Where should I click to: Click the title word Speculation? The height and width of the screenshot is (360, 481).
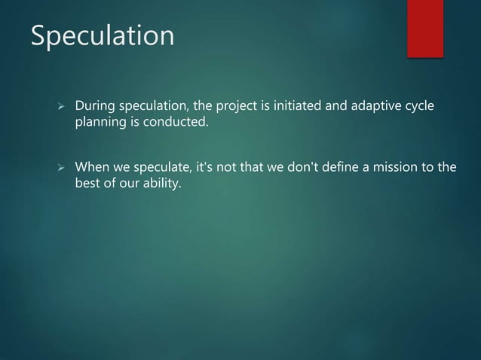102,36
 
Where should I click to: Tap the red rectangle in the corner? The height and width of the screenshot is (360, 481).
425,28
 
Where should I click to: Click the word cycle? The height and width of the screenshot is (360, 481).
421,105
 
